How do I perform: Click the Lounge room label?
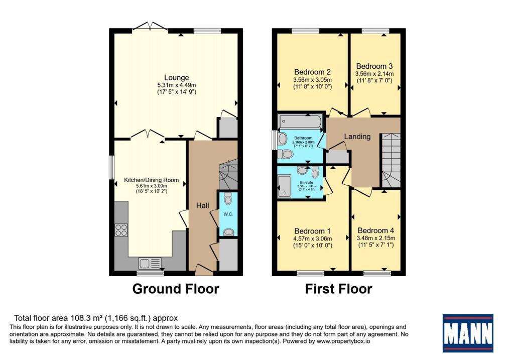(176, 77)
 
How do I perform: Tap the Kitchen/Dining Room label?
(151, 180)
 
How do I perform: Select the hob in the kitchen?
(121, 230)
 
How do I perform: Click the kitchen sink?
(150, 263)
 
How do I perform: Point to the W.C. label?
(228, 214)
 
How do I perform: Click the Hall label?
(202, 206)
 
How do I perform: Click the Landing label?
(357, 137)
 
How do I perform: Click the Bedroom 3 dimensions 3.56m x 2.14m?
(373, 73)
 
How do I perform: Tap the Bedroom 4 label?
(375, 230)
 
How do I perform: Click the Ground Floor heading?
(176, 289)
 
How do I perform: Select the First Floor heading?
(339, 289)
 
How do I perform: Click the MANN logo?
(467, 332)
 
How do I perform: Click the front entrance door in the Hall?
(203, 271)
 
